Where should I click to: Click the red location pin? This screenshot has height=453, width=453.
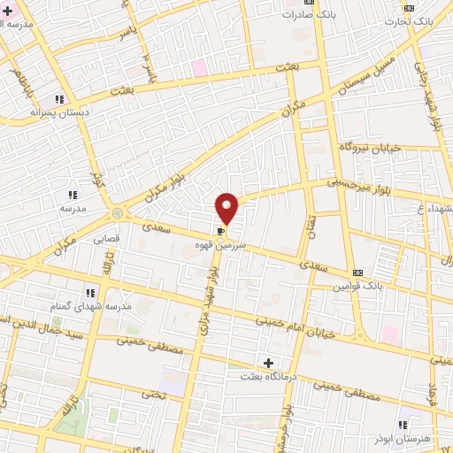tap(227, 207)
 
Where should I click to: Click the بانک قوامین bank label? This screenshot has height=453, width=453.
tap(357, 287)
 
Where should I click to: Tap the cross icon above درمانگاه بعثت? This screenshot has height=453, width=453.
tap(268, 363)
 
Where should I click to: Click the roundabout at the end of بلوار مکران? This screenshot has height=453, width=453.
tap(117, 213)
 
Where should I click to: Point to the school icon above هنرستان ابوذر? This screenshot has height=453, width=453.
tap(403, 425)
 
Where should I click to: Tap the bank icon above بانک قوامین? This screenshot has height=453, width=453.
tap(357, 273)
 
